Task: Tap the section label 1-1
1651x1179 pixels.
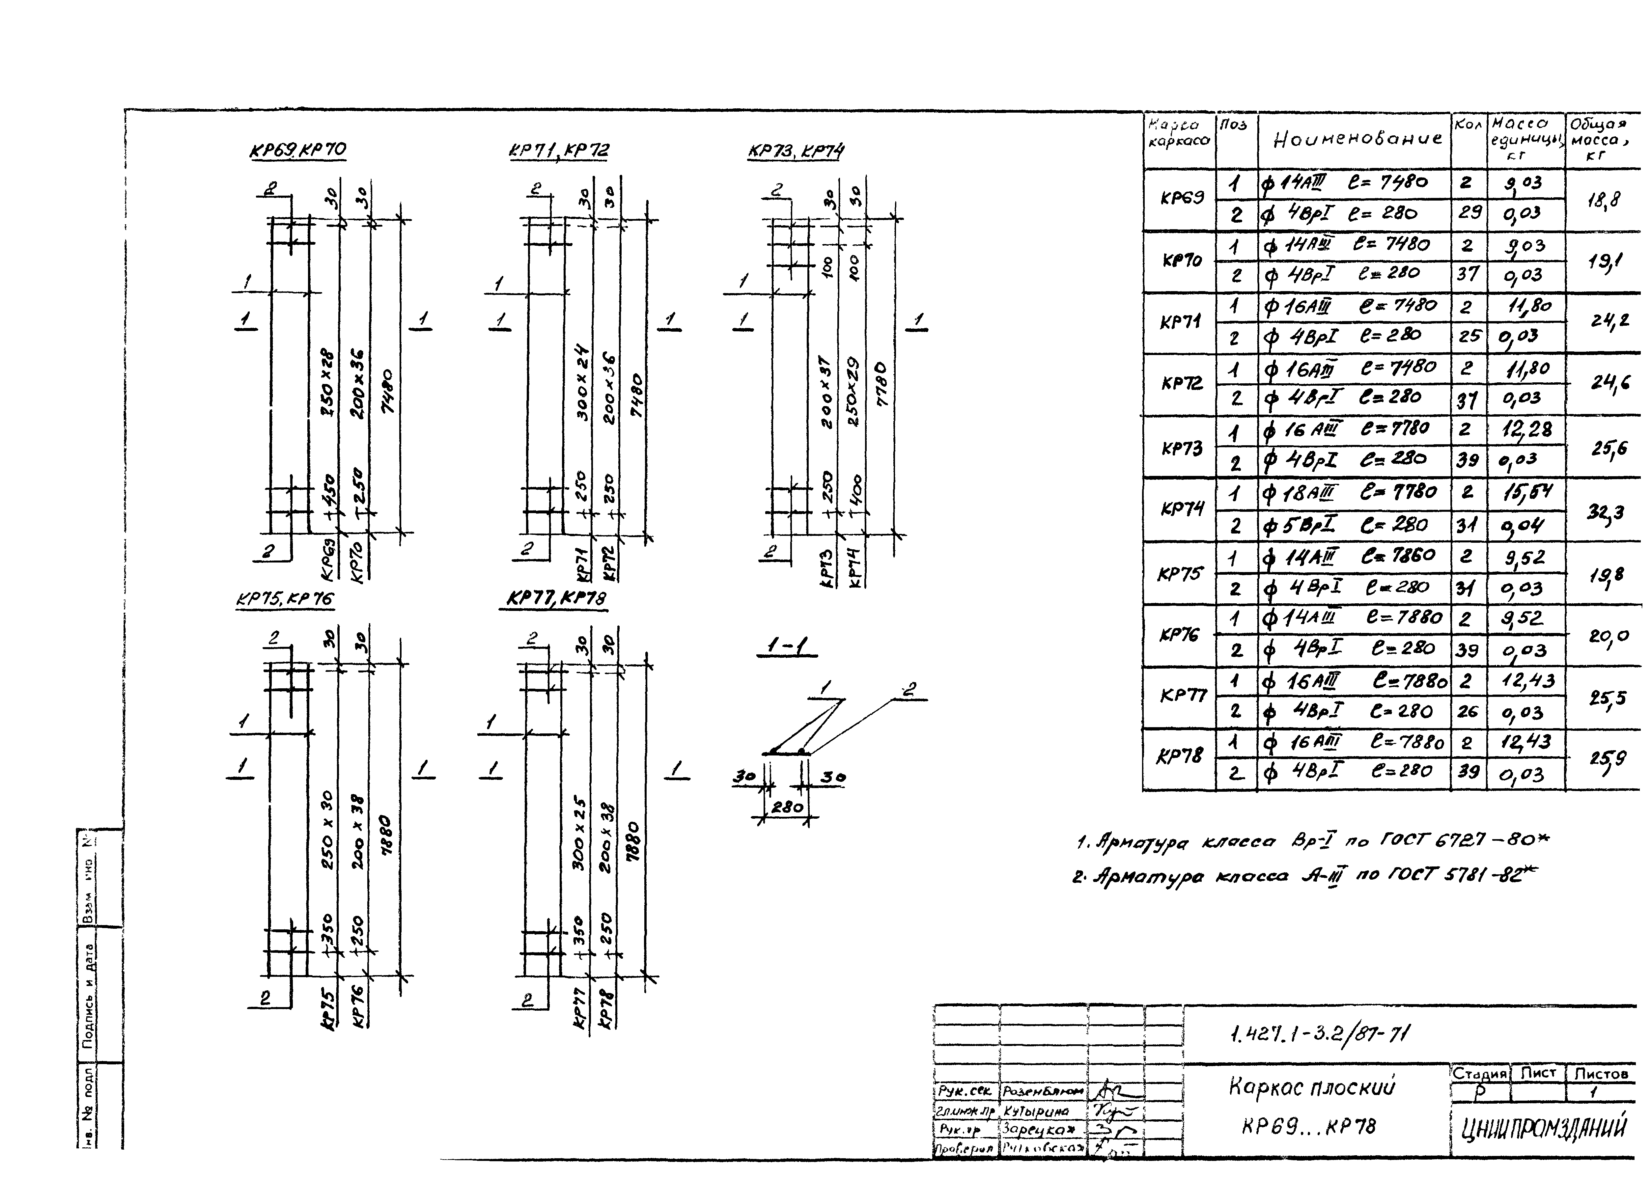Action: [786, 646]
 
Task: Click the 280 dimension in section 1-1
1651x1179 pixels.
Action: [786, 807]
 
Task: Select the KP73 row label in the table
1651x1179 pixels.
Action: [1182, 448]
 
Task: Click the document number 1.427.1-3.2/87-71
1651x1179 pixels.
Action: [1320, 1033]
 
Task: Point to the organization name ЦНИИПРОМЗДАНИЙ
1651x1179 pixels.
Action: [1544, 1128]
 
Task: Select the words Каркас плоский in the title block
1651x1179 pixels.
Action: [1311, 1087]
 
